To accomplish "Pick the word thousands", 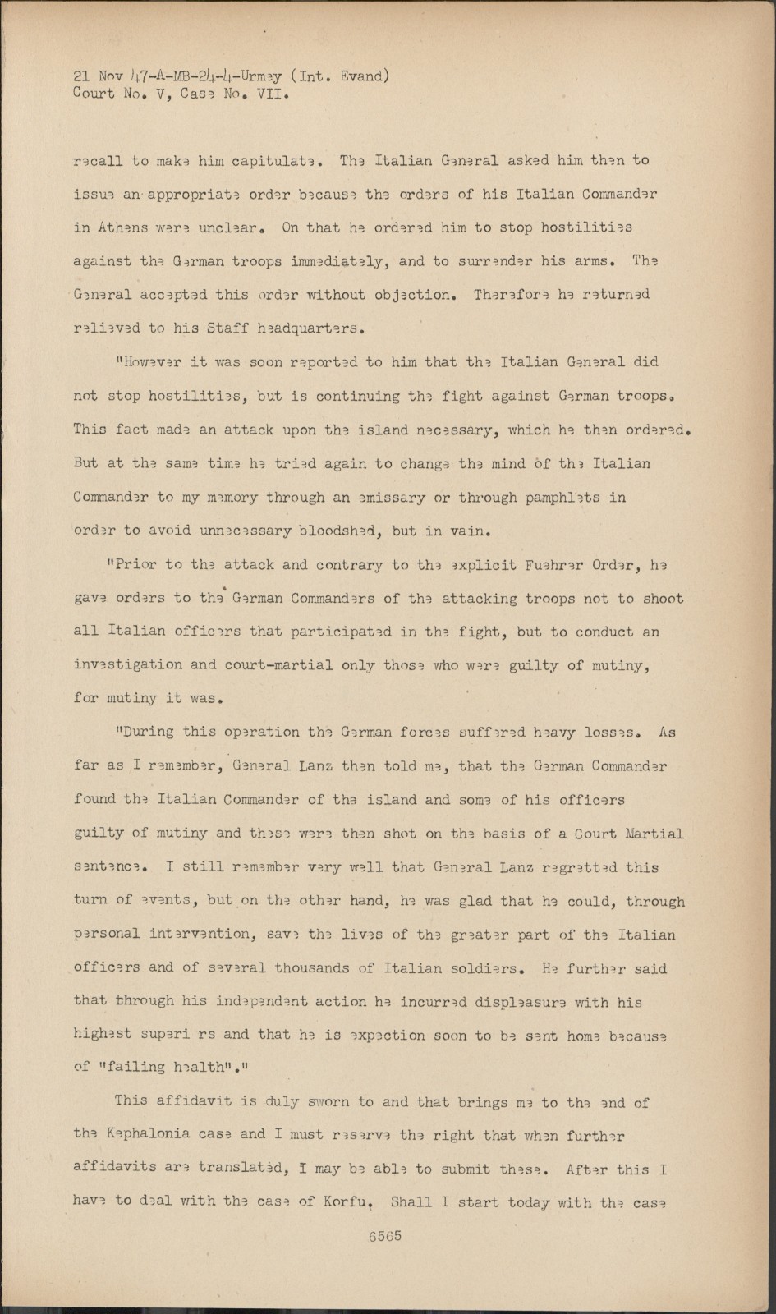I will pos(325,968).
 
